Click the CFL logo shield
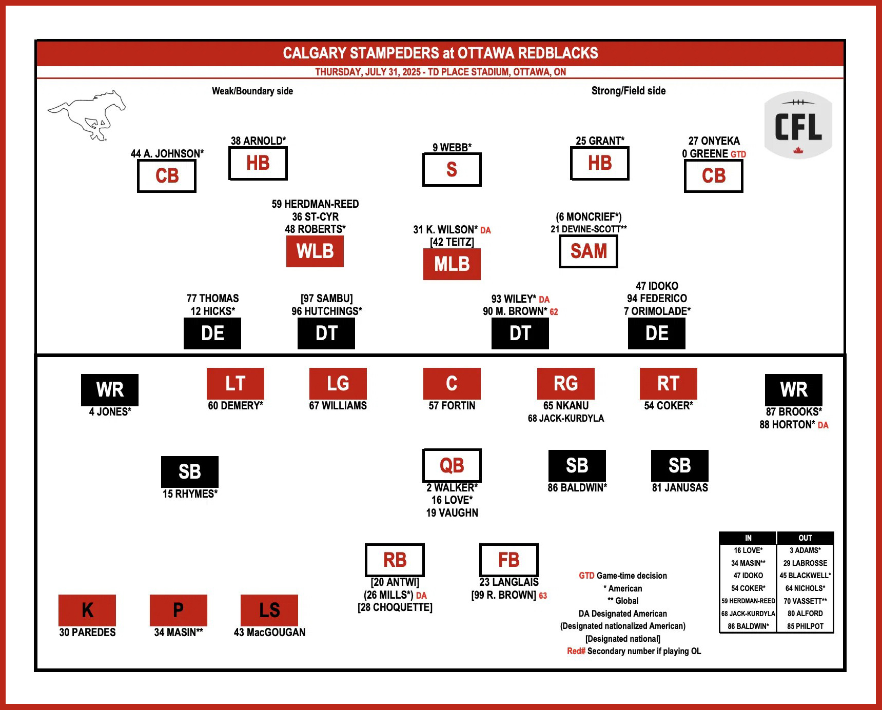(798, 125)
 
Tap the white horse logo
(87, 115)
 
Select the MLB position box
(452, 264)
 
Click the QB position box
(452, 465)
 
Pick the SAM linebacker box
(589, 251)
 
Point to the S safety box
(452, 170)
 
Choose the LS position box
(269, 610)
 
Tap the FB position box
(508, 560)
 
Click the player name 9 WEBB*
(452, 148)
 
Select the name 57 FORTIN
(452, 406)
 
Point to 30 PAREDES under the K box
(87, 633)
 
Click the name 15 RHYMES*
(190, 494)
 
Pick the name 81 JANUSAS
(680, 488)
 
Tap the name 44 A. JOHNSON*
(167, 154)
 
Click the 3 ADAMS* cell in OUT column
(805, 550)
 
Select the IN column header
(748, 538)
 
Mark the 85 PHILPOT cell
(805, 626)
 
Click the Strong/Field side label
(629, 91)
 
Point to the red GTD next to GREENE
(738, 154)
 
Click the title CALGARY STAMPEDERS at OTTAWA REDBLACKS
(440, 53)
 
